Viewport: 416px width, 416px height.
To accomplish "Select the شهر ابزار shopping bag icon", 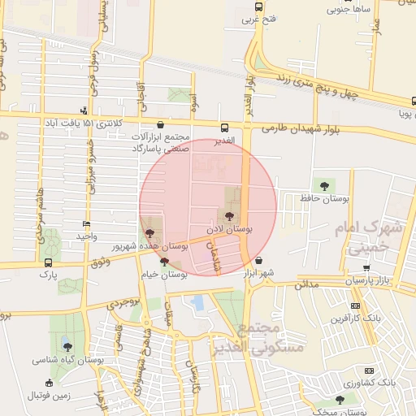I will pos(258,261).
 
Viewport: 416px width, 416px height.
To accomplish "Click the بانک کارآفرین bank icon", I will pos(355,305).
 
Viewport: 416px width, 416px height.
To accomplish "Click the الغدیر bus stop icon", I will pos(224,127).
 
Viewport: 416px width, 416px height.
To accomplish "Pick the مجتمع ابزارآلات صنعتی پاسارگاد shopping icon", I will pos(159,125).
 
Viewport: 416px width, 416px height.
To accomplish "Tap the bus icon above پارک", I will pos(49,262).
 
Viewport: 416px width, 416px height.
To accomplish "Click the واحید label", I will pos(86,236).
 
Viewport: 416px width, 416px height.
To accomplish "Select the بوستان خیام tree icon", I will pos(165,262).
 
